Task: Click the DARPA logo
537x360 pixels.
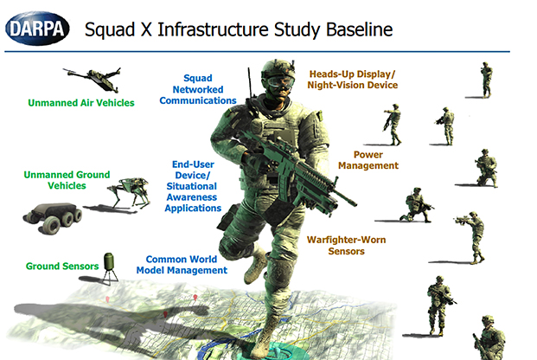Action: pyautogui.click(x=37, y=29)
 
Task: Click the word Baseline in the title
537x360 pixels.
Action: pyautogui.click(x=359, y=29)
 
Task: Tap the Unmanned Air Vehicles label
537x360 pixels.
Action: pyautogui.click(x=81, y=103)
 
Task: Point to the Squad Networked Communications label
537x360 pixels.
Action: pyautogui.click(x=198, y=89)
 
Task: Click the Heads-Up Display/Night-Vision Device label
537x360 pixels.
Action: pyautogui.click(x=353, y=80)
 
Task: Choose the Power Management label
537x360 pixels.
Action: pyautogui.click(x=368, y=160)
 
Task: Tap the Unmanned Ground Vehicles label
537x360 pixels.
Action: pyautogui.click(x=67, y=180)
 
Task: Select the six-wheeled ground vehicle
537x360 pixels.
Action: pyautogui.click(x=53, y=217)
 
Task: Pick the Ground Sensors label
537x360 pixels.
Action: pyautogui.click(x=62, y=266)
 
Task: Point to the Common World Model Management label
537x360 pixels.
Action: pyautogui.click(x=182, y=265)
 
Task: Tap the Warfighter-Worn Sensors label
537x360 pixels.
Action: pyautogui.click(x=346, y=246)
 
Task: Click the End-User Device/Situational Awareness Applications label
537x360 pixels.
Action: pyautogui.click(x=193, y=186)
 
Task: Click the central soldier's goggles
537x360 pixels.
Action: pyautogui.click(x=280, y=82)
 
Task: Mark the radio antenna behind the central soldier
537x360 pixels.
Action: pyautogui.click(x=250, y=83)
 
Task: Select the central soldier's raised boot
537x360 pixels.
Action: pyautogui.click(x=255, y=265)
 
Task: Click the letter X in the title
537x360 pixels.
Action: pyautogui.click(x=146, y=29)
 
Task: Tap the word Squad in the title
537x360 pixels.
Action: pyautogui.click(x=110, y=30)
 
